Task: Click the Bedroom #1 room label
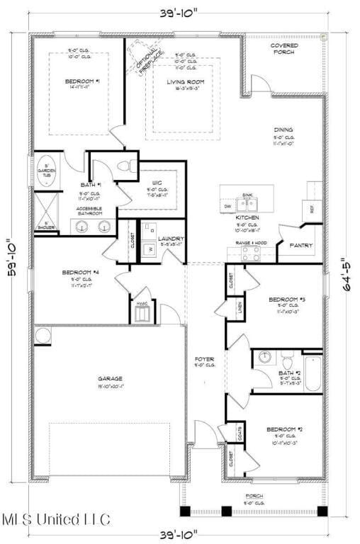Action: pos(82,81)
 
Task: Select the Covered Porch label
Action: pos(283,48)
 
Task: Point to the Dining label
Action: pos(283,130)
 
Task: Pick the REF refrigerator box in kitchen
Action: pos(313,208)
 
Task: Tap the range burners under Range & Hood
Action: pos(250,255)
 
